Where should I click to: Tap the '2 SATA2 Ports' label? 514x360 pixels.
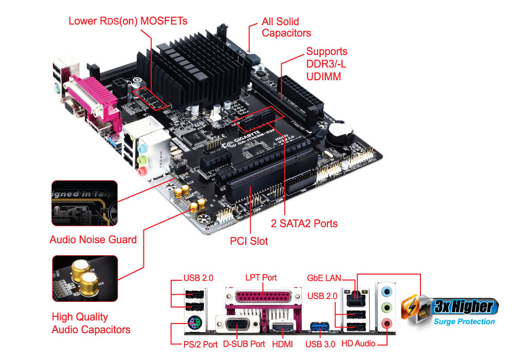click(304, 224)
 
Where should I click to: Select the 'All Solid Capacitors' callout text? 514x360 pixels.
click(286, 27)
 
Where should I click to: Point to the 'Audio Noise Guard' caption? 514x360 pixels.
click(93, 240)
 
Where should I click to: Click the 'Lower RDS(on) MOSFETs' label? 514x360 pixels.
click(128, 21)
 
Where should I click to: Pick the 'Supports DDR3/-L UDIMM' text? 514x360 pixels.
click(326, 64)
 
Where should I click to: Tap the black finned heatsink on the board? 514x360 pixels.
click(195, 67)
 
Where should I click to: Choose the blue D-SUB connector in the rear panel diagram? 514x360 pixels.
click(239, 326)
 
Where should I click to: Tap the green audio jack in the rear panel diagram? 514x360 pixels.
click(387, 308)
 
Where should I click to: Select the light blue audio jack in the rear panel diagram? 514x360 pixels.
click(387, 291)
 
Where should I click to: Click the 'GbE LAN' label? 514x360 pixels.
click(324, 278)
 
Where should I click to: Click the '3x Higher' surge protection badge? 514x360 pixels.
click(452, 311)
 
